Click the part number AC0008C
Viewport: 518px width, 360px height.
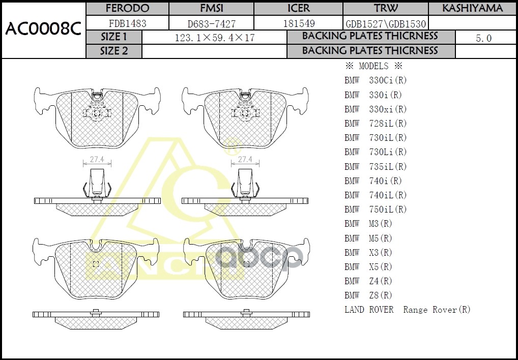43,29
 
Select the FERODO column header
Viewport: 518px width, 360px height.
127,8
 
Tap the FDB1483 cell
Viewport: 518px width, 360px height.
127,23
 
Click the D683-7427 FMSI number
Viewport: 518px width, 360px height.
211,23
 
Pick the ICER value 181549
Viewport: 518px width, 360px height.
298,23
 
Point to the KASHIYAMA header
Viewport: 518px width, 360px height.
472,8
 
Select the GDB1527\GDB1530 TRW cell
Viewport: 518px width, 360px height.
386,23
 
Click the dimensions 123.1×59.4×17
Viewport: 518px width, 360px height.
214,38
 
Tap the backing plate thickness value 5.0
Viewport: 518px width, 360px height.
483,38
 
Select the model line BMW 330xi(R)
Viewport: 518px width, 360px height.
376,109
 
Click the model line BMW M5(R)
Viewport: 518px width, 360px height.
368,238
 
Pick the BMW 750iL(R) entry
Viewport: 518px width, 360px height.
376,209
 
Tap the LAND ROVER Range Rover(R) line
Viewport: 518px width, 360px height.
407,310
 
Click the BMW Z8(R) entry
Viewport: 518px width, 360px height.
368,295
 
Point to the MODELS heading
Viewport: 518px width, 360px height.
373,66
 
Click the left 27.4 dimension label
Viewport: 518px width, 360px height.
97,159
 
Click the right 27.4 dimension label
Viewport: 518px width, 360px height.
245,159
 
